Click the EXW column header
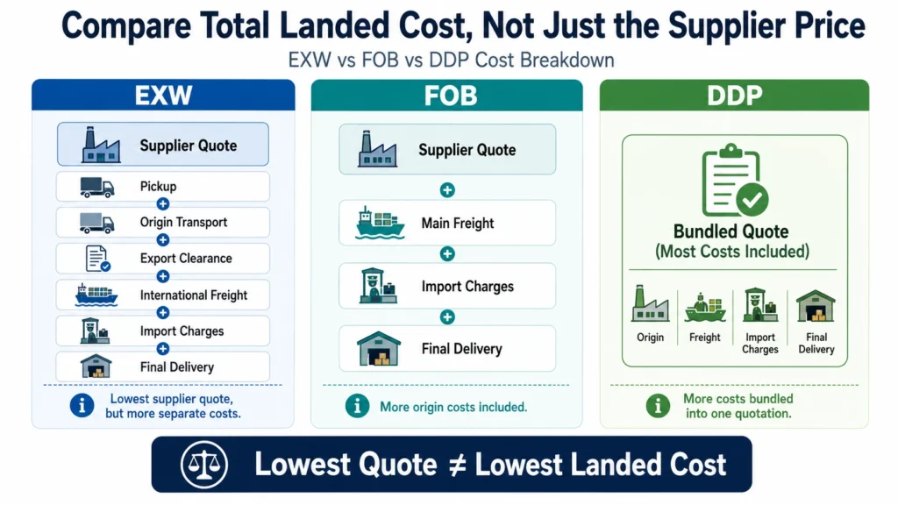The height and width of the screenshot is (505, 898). point(163,95)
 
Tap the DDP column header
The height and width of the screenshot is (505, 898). point(734,95)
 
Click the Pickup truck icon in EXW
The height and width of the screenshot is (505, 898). point(96,188)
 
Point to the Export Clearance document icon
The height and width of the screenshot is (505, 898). point(97,259)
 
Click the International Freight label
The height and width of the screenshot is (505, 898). point(194,295)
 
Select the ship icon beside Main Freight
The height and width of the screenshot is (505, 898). point(380,224)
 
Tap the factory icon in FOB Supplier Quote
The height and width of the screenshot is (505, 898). point(377,149)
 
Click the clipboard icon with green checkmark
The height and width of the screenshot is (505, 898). point(734,180)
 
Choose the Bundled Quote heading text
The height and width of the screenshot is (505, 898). point(731,231)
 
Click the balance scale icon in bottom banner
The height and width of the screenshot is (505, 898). point(203,465)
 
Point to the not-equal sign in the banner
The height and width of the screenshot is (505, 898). point(456,465)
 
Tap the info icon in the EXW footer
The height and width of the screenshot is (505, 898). point(82,405)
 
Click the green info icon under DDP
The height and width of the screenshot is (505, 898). point(658,406)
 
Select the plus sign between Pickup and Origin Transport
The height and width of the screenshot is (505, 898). point(162,203)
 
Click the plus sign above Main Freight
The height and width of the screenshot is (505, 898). point(447,190)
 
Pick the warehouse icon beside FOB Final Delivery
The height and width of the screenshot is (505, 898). point(379,349)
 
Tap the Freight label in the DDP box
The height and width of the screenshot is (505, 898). point(704,338)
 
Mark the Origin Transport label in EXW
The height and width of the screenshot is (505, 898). point(183,222)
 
